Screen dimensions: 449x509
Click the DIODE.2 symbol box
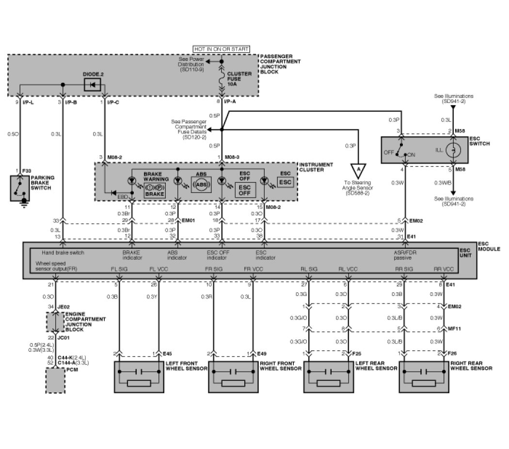click(x=91, y=84)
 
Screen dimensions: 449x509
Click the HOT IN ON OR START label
click(x=222, y=49)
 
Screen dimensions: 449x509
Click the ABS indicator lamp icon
click(x=203, y=184)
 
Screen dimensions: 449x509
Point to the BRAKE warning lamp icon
click(x=155, y=188)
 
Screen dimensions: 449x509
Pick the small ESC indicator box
click(x=285, y=182)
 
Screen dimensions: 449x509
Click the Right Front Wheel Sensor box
click(x=233, y=376)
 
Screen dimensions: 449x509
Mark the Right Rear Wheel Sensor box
click(x=423, y=376)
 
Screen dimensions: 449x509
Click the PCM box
click(x=55, y=380)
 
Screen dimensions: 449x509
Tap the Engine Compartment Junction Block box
click(x=55, y=321)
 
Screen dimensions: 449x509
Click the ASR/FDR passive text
click(x=406, y=255)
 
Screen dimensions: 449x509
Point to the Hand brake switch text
click(x=63, y=253)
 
